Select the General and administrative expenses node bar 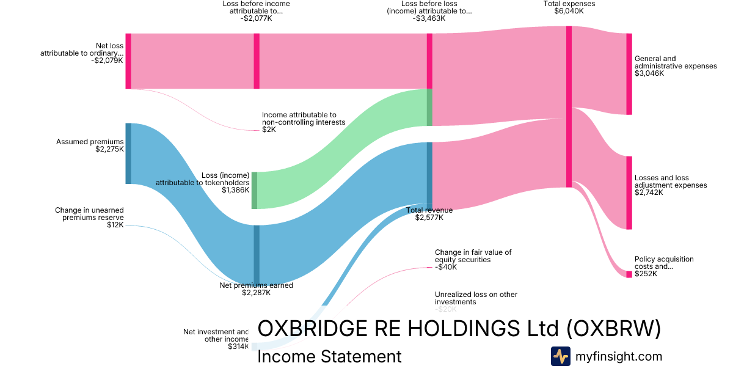coord(629,74)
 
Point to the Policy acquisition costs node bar coord(629,274)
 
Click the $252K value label coord(646,274)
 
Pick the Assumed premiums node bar coord(128,153)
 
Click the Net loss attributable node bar coord(128,61)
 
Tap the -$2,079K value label coord(107,61)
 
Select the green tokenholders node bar coord(255,191)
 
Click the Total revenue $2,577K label coord(429,214)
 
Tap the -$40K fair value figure coord(445,266)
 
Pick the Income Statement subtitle coord(329,356)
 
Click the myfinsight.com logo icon coord(560,356)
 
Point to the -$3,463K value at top coord(429,18)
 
